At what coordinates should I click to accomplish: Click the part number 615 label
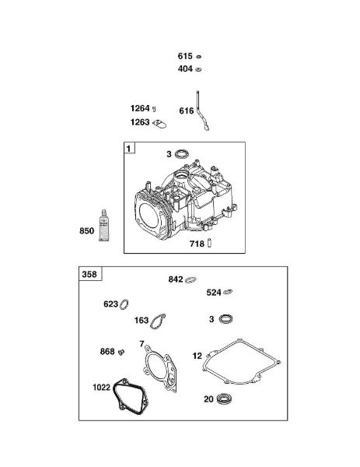pyautogui.click(x=185, y=56)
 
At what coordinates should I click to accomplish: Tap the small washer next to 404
pyautogui.click(x=198, y=69)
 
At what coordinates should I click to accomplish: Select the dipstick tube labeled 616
pyautogui.click(x=201, y=111)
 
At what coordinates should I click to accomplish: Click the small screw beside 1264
pyautogui.click(x=154, y=109)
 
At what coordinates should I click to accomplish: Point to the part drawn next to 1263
pyautogui.click(x=159, y=124)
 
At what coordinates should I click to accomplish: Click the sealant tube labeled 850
pyautogui.click(x=104, y=225)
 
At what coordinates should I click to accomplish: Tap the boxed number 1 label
pyautogui.click(x=129, y=148)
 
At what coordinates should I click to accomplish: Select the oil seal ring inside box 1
pyautogui.click(x=181, y=154)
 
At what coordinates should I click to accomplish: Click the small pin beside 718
pyautogui.click(x=209, y=243)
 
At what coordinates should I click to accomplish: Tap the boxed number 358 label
pyautogui.click(x=90, y=274)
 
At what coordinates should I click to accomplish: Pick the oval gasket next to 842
pyautogui.click(x=190, y=279)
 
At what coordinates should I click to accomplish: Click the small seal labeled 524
pyautogui.click(x=228, y=292)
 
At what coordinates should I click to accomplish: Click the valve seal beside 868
pyautogui.click(x=121, y=352)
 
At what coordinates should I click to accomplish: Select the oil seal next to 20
pyautogui.click(x=225, y=399)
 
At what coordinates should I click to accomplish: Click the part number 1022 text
pyautogui.click(x=101, y=387)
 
